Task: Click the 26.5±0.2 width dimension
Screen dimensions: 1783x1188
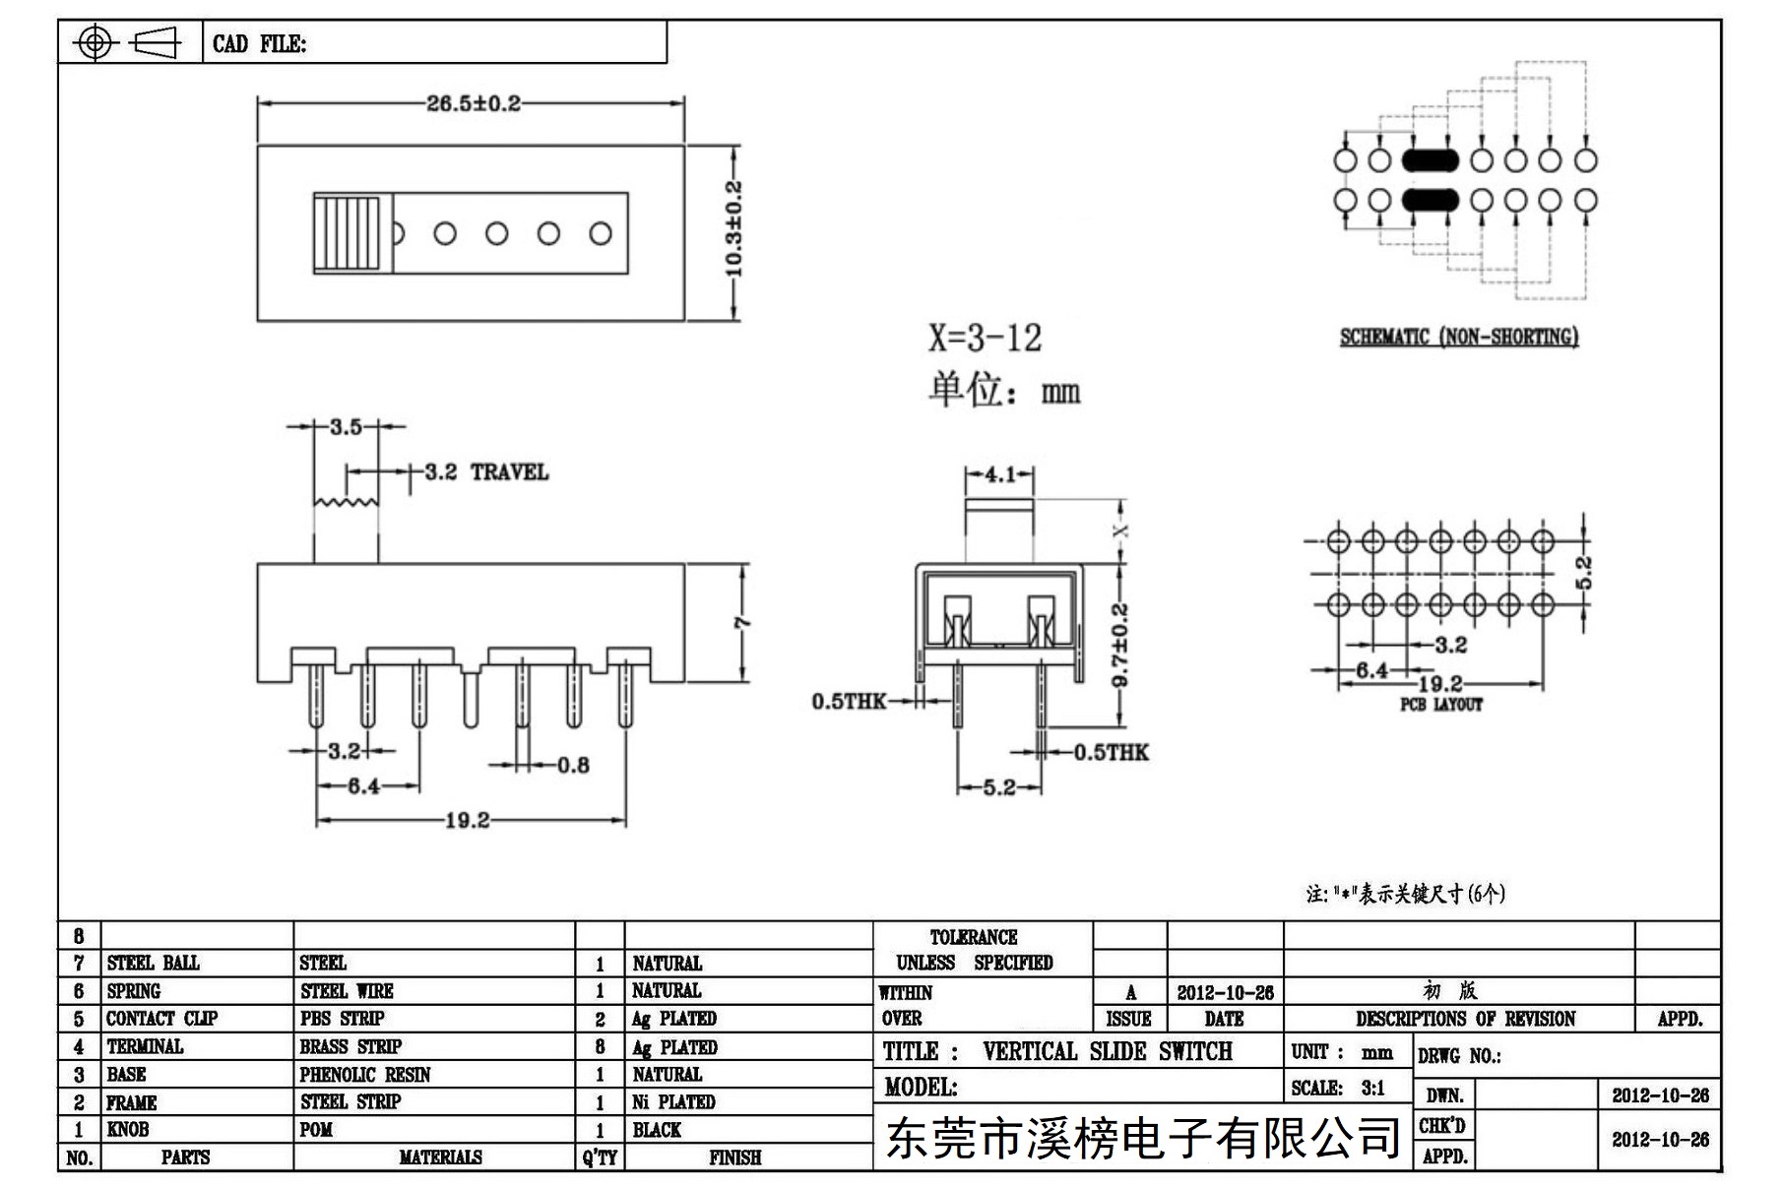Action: coord(473,103)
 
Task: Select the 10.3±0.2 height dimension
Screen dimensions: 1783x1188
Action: coord(734,228)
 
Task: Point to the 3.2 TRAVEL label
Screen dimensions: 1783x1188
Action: coord(486,471)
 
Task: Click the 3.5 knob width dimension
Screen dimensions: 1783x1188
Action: coord(346,426)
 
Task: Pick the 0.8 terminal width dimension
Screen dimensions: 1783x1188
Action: coord(573,765)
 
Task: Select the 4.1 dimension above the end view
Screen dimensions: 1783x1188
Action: coord(1000,474)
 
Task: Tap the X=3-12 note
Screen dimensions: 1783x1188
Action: coord(985,338)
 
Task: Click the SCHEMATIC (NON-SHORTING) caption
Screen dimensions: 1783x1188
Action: coord(1459,337)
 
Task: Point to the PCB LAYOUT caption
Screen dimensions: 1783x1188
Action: coord(1441,705)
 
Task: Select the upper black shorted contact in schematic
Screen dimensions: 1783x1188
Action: coord(1430,159)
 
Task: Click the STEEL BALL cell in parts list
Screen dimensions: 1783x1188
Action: coord(153,963)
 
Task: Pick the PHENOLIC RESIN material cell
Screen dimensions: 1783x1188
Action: coord(365,1074)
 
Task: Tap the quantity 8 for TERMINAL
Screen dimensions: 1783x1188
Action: coord(600,1046)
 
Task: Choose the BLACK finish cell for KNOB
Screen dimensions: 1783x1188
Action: coord(657,1130)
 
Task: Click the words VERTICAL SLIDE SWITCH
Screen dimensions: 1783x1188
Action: coord(1108,1051)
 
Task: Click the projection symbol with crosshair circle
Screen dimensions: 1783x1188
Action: coord(95,42)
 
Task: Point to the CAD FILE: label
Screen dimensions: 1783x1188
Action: coord(259,44)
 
